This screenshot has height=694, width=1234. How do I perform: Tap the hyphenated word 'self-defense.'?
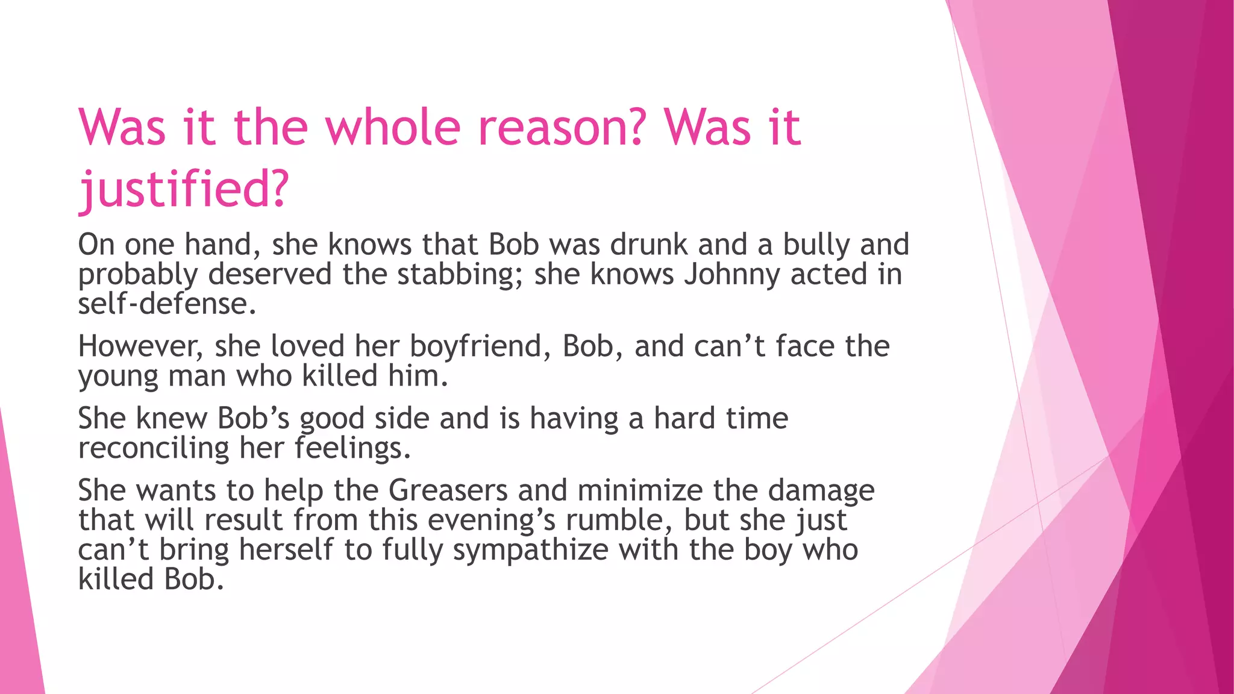coord(167,304)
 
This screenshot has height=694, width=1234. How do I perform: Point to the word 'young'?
coord(118,377)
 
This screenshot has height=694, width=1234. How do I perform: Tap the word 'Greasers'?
coord(448,490)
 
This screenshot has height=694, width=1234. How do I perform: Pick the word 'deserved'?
coord(270,275)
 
